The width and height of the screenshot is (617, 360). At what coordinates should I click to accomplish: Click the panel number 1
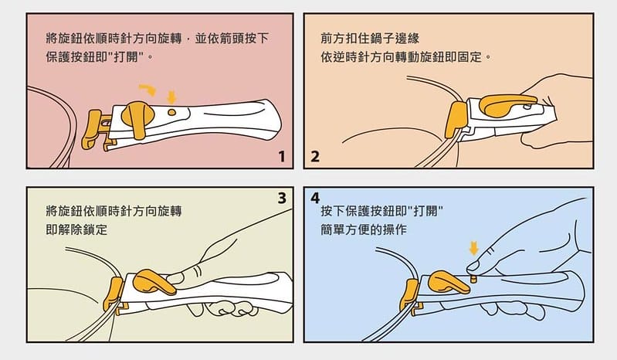point(282,157)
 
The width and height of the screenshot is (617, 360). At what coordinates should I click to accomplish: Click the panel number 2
point(315,157)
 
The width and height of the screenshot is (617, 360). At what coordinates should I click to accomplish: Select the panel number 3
point(282,198)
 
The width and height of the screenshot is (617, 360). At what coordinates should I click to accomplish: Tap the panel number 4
point(315,198)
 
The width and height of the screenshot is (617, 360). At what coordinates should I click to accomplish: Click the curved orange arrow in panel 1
point(148,90)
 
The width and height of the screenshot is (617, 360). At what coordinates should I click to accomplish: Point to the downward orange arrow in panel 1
point(171,97)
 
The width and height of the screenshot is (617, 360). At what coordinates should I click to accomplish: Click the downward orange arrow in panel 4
point(474,248)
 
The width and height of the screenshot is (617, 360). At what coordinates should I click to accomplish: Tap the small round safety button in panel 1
point(171,112)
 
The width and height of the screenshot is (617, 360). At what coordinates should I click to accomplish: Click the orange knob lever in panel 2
point(507,104)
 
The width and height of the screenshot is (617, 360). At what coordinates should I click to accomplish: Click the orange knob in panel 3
point(153,282)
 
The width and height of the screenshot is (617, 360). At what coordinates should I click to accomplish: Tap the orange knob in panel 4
point(449,282)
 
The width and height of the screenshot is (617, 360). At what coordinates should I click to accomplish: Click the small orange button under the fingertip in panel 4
point(475,279)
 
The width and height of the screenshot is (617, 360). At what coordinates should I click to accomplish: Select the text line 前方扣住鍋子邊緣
point(370,38)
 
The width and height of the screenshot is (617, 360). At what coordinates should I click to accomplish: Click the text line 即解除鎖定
point(76,229)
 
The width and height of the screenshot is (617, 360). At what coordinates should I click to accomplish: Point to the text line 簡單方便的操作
point(364,229)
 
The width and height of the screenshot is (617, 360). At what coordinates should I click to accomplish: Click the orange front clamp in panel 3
point(115,294)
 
